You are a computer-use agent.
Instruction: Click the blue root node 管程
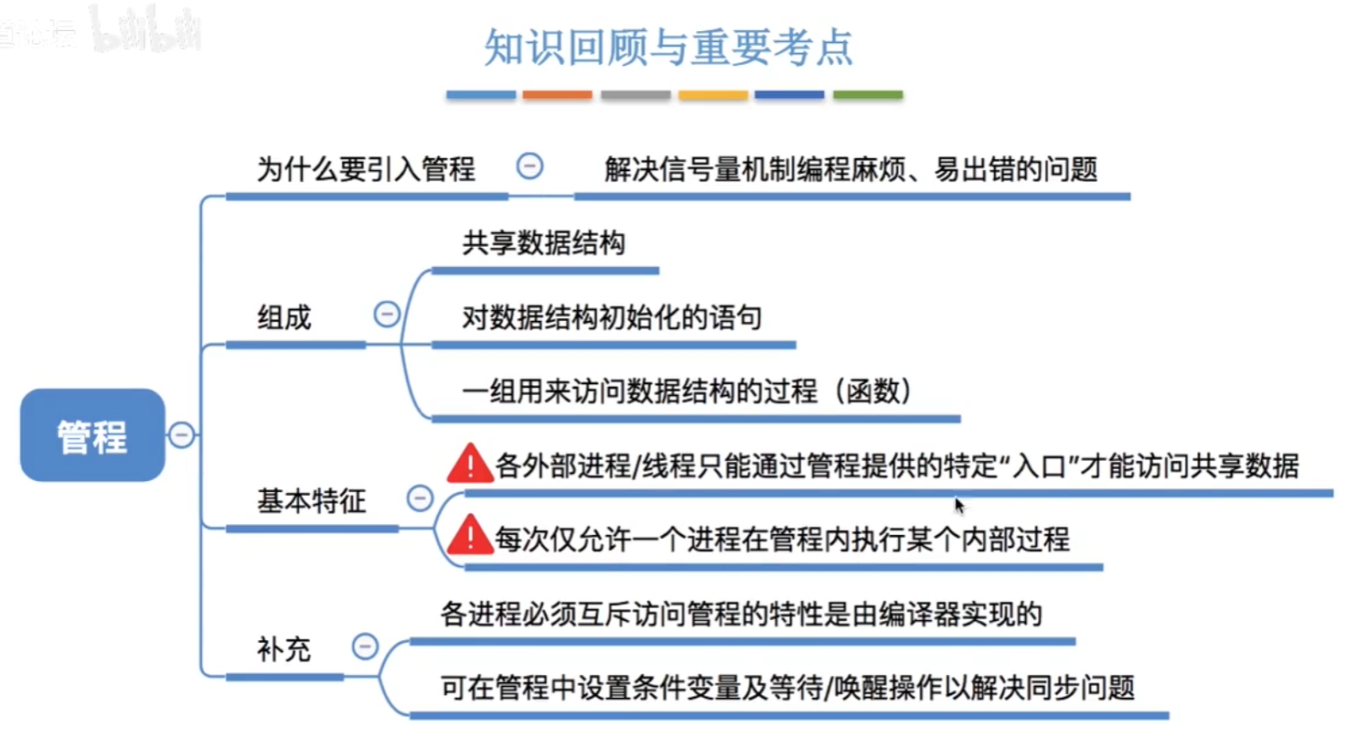92,435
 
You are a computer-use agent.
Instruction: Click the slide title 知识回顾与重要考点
668,48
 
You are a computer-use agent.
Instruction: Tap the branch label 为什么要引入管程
366,169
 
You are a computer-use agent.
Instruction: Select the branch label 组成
284,317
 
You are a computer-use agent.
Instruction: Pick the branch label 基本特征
311,500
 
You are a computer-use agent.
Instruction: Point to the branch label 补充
283,649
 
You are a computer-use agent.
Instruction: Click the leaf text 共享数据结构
544,243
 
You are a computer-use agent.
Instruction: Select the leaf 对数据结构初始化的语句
612,317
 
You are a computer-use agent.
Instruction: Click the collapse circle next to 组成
387,315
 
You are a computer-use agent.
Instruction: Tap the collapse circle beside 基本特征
420,498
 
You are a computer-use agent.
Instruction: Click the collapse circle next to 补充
365,647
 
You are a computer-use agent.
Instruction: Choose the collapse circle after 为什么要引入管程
529,166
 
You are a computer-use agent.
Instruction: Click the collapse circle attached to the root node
182,434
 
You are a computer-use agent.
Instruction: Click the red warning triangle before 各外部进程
470,464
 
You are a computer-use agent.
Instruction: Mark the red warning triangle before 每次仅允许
470,535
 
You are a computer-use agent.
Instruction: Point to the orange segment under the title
558,94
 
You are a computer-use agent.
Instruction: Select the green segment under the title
868,94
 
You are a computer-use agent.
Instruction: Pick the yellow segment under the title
713,94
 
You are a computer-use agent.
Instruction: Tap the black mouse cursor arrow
959,506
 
